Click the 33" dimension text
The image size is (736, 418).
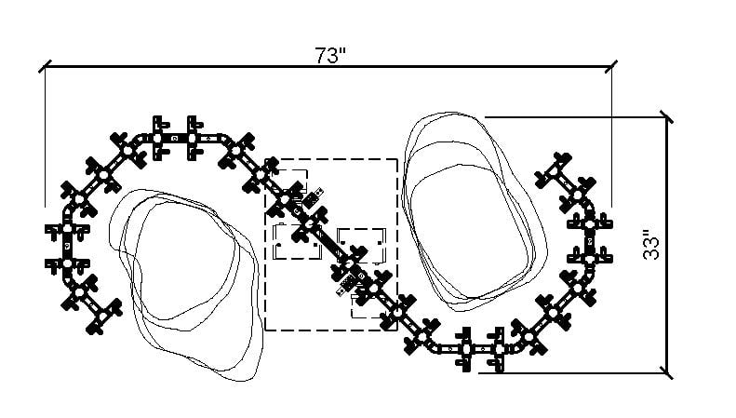pos(651,244)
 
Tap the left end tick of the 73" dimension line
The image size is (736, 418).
pos(45,66)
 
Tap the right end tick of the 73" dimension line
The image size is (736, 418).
pos(611,66)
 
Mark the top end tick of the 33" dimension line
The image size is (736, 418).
pos(666,117)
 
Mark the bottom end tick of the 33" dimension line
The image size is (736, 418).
pos(666,373)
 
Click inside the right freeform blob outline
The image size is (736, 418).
pos(475,211)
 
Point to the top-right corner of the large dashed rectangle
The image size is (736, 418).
pos(397,159)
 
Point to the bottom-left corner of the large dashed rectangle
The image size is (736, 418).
pos(266,330)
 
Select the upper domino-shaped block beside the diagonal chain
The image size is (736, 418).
pos(313,197)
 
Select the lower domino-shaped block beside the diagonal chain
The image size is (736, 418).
pos(348,285)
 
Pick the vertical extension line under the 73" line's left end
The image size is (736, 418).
pos(45,136)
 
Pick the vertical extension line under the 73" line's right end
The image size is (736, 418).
pos(611,136)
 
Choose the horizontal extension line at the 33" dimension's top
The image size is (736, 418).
pos(575,117)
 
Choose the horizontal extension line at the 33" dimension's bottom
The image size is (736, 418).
pos(572,373)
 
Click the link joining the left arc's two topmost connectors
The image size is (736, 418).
pos(175,138)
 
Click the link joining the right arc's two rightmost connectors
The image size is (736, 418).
pos(590,241)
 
